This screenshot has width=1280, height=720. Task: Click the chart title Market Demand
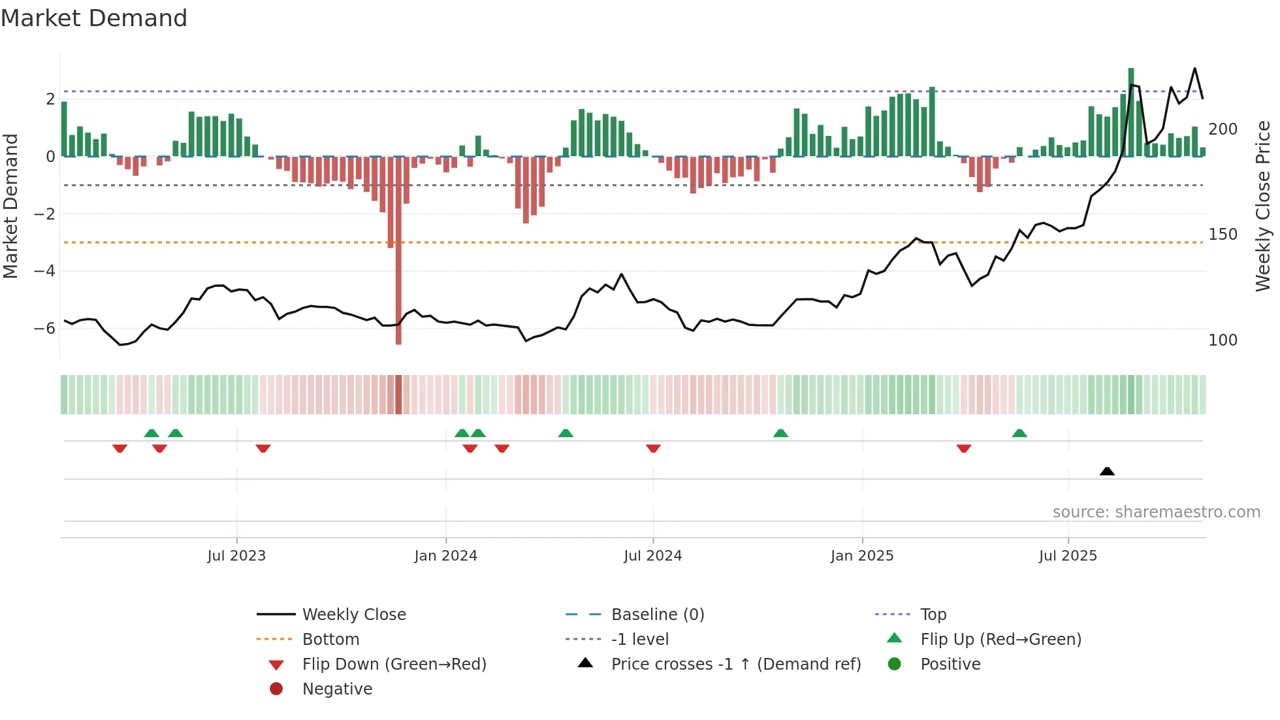94,18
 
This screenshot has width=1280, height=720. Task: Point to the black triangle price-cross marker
1107,471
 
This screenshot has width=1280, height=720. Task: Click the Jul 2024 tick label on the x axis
652,556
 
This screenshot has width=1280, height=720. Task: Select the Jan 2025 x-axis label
862,556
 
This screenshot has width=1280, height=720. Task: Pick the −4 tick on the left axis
44,271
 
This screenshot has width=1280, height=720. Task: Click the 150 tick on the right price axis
1223,235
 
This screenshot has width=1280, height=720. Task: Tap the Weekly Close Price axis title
1263,206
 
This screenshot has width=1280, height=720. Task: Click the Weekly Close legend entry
353,615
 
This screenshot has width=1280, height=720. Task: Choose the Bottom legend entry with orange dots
330,640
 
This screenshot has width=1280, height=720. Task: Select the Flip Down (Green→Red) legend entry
394,664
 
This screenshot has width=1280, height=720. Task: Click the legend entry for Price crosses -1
735,664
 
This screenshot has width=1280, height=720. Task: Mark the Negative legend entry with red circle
337,689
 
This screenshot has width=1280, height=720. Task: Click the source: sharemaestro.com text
1156,512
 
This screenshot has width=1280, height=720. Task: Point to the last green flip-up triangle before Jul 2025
1019,433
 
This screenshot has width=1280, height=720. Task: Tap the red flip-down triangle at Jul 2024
653,448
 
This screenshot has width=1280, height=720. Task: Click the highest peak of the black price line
1194,69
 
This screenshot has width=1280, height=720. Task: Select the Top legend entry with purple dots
933,615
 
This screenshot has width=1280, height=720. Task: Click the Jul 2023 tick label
236,556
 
